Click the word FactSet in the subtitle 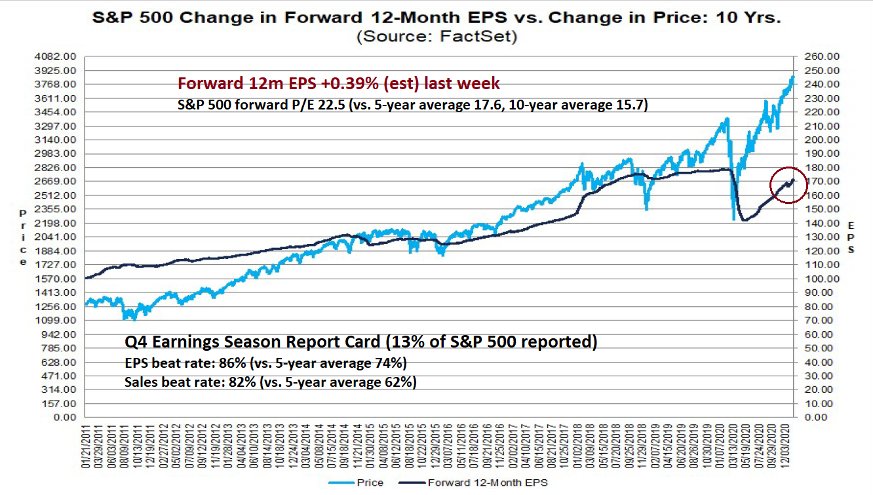[x=488, y=37]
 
